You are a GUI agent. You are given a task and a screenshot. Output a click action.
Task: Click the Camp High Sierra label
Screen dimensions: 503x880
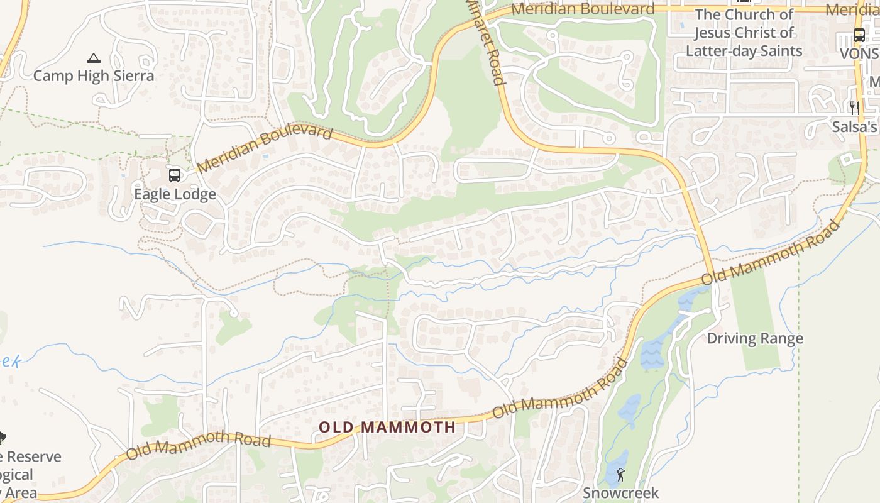coord(94,76)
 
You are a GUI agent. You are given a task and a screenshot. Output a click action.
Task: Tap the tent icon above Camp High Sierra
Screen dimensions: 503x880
coord(94,58)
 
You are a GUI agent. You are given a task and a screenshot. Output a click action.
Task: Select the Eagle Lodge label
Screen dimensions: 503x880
coord(175,194)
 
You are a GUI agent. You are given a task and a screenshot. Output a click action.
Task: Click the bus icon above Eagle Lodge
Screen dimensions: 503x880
coord(175,175)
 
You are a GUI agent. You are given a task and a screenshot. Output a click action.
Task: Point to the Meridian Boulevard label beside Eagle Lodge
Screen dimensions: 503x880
coord(265,148)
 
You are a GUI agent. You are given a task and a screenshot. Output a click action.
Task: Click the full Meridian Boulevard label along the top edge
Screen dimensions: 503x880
coord(583,9)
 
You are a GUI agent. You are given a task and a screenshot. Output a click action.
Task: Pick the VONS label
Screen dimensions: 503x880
coord(859,54)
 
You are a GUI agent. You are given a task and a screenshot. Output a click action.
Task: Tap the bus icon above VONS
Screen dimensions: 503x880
coord(859,35)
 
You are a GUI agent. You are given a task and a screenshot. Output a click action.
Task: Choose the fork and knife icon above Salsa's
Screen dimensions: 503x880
coord(854,108)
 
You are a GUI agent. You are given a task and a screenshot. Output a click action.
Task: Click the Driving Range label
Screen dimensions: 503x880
coord(755,338)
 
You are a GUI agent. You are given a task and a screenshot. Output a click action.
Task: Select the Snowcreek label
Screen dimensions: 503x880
coord(620,492)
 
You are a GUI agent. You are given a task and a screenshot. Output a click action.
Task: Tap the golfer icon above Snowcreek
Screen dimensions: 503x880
coord(621,475)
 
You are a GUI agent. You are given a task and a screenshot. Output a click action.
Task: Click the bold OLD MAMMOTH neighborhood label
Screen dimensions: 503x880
coord(387,428)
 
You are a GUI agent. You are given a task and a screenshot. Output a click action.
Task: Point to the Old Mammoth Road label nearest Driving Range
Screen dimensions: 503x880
coord(771,253)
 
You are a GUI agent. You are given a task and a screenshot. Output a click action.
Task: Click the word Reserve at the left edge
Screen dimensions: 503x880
coord(35,457)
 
